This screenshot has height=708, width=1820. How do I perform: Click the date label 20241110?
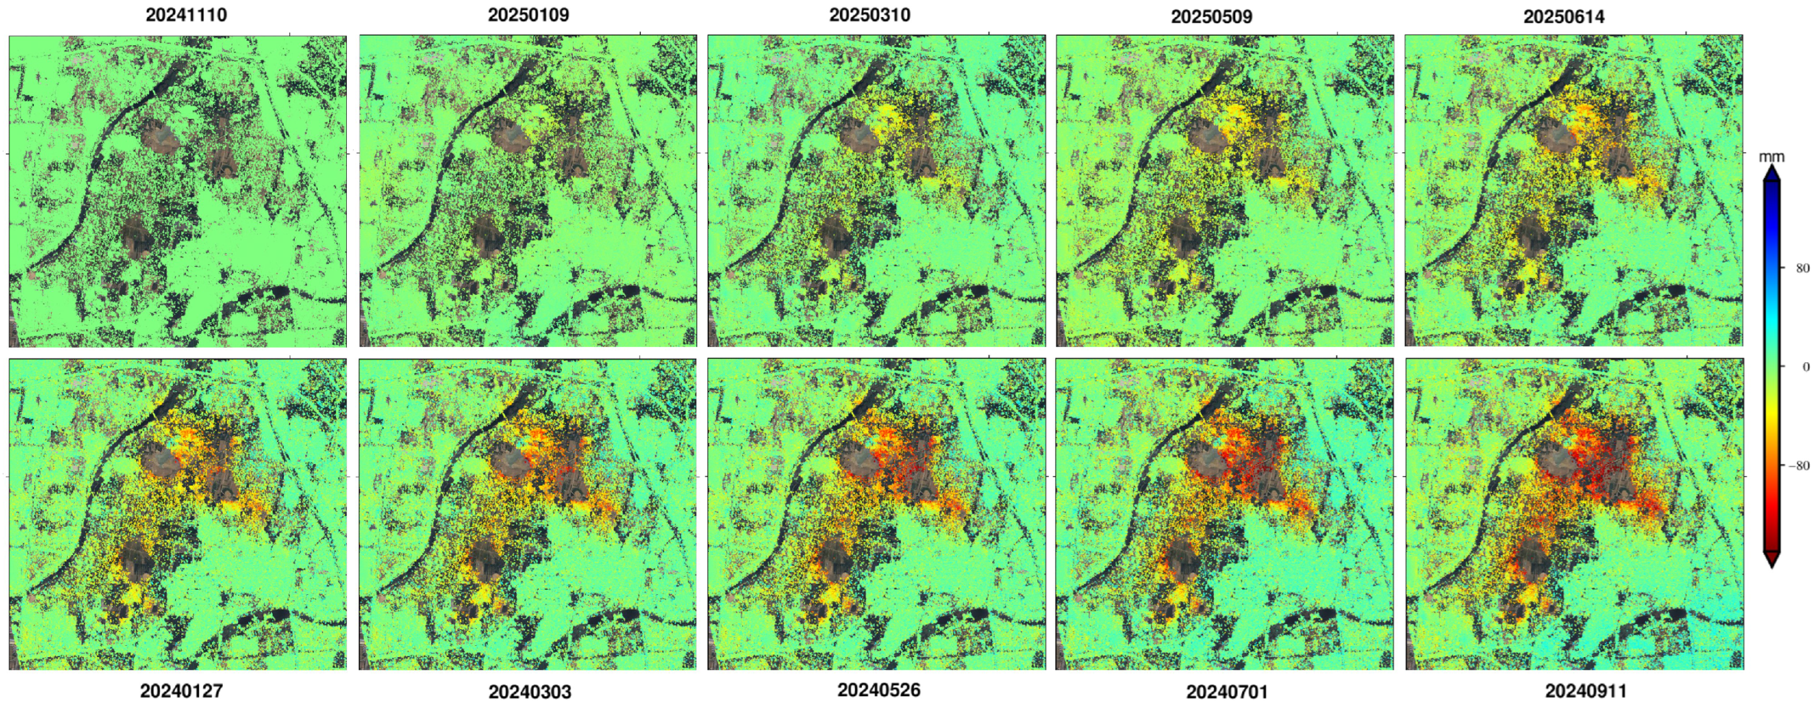pyautogui.click(x=186, y=15)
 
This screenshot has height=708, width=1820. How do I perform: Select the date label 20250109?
pyautogui.click(x=528, y=15)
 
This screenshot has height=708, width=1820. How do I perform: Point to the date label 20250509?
pyautogui.click(x=1211, y=16)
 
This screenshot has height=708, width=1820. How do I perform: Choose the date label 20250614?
pyautogui.click(x=1564, y=16)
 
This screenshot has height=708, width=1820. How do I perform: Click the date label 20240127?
pyautogui.click(x=181, y=690)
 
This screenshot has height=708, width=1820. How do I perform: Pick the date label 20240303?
pyautogui.click(x=529, y=692)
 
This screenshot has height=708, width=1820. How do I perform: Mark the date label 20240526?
pyautogui.click(x=878, y=690)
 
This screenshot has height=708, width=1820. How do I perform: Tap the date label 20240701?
pyautogui.click(x=1226, y=692)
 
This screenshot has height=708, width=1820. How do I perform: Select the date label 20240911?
pyautogui.click(x=1585, y=690)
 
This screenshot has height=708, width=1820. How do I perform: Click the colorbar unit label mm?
pyautogui.click(x=1772, y=157)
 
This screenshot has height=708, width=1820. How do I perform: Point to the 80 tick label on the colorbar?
pyautogui.click(x=1802, y=268)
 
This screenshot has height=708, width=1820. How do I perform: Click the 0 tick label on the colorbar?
pyautogui.click(x=1805, y=367)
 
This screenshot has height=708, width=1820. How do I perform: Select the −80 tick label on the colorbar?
pyautogui.click(x=1799, y=466)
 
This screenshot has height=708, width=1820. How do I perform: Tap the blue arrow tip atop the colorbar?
pyautogui.click(x=1772, y=173)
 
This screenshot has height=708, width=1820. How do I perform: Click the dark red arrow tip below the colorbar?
pyautogui.click(x=1772, y=560)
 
